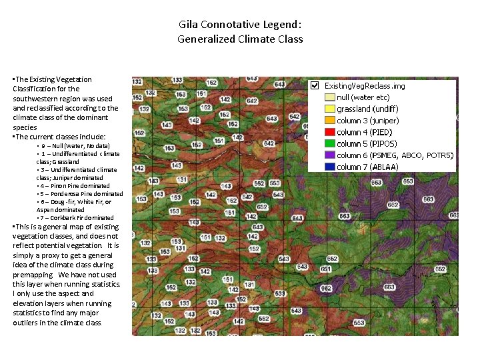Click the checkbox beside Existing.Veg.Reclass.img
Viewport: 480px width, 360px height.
pyautogui.click(x=314, y=86)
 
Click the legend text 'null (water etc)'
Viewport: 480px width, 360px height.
pyautogui.click(x=363, y=97)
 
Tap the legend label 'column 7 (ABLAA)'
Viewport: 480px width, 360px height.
pyautogui.click(x=367, y=167)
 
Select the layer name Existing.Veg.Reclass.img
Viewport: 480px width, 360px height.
pyautogui.click(x=364, y=86)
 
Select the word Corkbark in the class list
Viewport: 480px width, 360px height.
pyautogui.click(x=67, y=218)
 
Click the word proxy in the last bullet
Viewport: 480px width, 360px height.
pyautogui.click(x=50, y=255)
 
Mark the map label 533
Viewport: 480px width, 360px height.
pyautogui.click(x=280, y=293)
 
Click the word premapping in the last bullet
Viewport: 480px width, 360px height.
pyautogui.click(x=33, y=275)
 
